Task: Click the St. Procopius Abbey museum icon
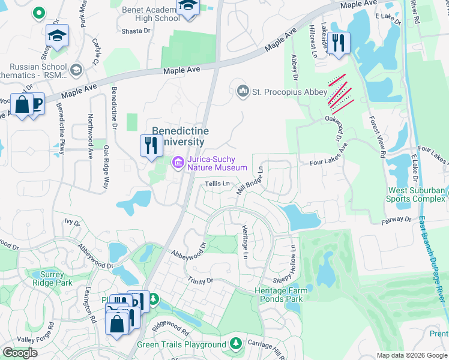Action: pos(243,91)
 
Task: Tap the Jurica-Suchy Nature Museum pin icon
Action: pos(178,163)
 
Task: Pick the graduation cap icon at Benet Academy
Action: pos(188,7)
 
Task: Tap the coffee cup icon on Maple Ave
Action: pos(36,103)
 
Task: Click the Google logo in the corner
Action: pos(20,352)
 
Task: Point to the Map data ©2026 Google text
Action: pos(411,355)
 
